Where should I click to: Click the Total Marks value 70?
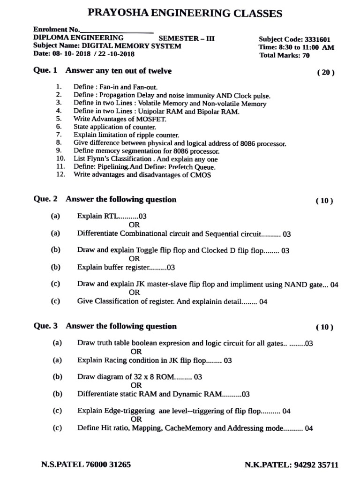point(306,55)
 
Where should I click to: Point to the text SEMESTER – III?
point(187,38)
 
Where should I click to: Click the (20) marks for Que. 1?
point(326,72)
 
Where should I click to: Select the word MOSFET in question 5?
point(140,119)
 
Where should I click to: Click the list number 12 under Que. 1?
point(59,175)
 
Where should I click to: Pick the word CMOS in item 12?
point(201,175)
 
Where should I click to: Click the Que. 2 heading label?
point(45,199)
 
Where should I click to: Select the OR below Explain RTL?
point(134,225)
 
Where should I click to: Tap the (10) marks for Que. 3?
point(324,327)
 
